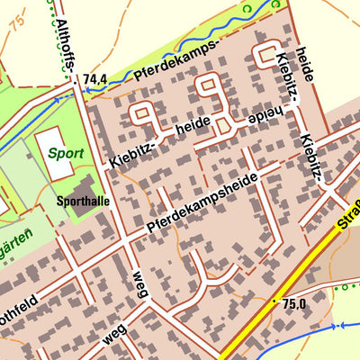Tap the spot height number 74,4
(x=94, y=80)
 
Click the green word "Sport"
(x=66, y=154)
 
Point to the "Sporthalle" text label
(x=82, y=201)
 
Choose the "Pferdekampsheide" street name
(x=202, y=203)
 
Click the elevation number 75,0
(x=294, y=304)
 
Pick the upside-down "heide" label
(x=256, y=115)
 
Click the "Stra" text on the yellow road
(x=348, y=212)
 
